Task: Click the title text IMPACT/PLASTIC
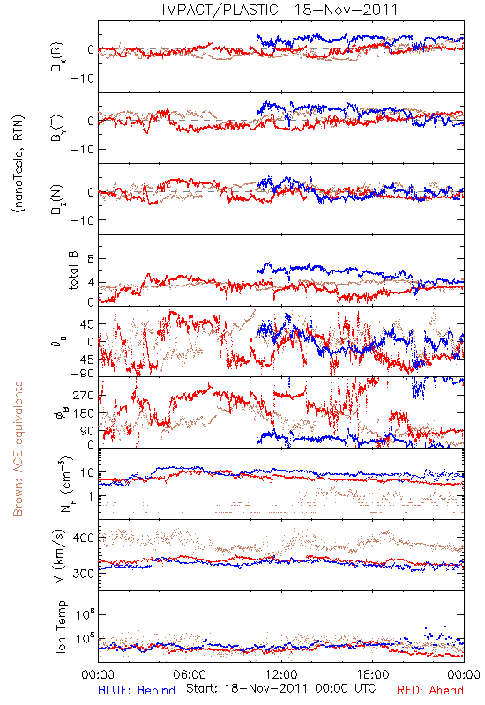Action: [220, 10]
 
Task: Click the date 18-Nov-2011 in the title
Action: [347, 10]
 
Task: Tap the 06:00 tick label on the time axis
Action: [190, 674]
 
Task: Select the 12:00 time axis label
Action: [281, 674]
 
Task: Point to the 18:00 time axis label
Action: [373, 674]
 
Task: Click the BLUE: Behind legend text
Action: [137, 690]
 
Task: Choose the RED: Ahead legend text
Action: [430, 690]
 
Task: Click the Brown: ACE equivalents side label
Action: [18, 449]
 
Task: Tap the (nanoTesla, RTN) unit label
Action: [19, 163]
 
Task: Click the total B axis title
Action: [73, 271]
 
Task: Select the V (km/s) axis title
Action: [59, 557]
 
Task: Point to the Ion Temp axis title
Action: [61, 627]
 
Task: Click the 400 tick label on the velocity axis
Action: [83, 538]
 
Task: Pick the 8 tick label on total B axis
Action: [91, 258]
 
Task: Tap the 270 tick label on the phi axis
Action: [83, 395]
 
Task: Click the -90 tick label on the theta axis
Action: [82, 374]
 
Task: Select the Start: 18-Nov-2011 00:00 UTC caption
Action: [281, 688]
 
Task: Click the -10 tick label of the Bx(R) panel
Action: [82, 78]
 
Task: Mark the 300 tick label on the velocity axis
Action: [83, 574]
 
